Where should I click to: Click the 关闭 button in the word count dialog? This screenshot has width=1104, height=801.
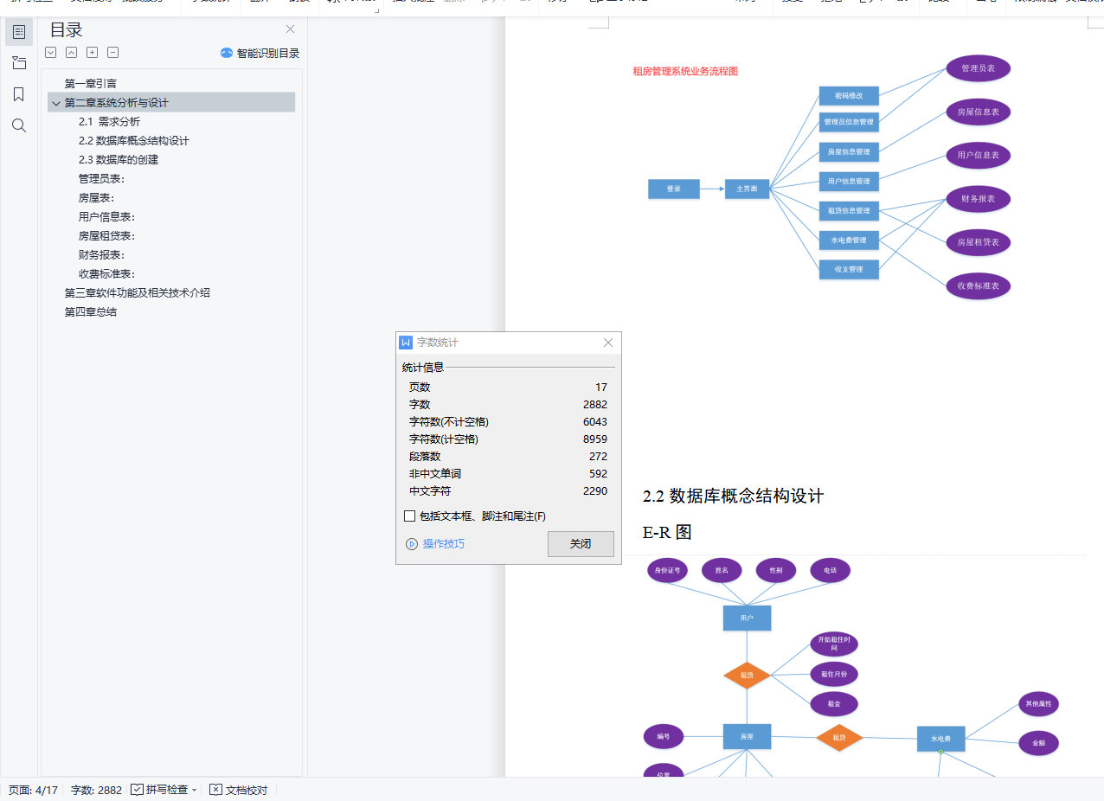click(x=581, y=544)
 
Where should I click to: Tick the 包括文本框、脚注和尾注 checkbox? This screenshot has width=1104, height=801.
click(x=409, y=516)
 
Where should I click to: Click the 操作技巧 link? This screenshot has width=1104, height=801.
click(x=443, y=544)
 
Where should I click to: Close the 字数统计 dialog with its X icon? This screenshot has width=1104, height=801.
click(x=607, y=343)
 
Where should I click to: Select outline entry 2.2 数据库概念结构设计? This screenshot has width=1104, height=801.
click(x=133, y=141)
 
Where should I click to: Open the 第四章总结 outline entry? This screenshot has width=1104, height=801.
click(x=91, y=312)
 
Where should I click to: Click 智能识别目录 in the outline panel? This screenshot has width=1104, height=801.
click(x=260, y=53)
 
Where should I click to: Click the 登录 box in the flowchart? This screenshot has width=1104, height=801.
click(x=673, y=189)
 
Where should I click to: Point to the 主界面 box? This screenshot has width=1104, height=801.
click(x=747, y=189)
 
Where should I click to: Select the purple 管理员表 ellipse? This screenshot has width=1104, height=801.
click(x=978, y=68)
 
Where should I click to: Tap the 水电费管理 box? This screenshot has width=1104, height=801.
click(x=849, y=240)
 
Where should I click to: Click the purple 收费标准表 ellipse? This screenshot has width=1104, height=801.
click(x=978, y=285)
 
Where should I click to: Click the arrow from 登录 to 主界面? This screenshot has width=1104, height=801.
click(x=712, y=189)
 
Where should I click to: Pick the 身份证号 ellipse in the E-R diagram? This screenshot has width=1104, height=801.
click(x=667, y=570)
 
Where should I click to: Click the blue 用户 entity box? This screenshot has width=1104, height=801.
click(x=747, y=618)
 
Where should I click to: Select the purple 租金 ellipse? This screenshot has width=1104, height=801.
click(x=833, y=703)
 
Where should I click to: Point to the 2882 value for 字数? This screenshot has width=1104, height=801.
click(x=595, y=405)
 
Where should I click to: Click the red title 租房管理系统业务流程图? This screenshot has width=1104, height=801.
click(x=685, y=72)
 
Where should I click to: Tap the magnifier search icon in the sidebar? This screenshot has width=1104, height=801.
click(x=19, y=125)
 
